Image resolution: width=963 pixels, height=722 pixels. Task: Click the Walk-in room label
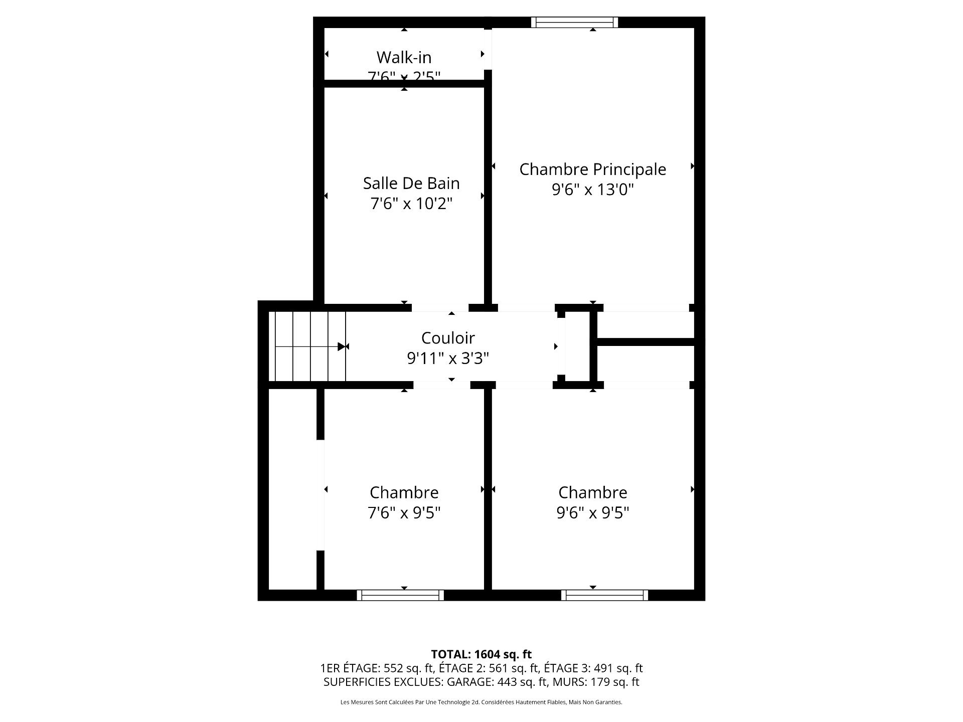point(404,57)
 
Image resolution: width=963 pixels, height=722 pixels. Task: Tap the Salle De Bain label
point(411,183)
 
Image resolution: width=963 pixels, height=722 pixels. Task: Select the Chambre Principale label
point(592,169)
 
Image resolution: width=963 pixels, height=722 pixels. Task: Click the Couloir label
point(448,338)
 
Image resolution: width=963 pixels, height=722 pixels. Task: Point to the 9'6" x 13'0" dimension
point(592,190)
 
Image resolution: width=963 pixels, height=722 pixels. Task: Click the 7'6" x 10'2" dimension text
point(411,204)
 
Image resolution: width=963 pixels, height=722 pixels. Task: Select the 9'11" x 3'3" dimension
point(448,358)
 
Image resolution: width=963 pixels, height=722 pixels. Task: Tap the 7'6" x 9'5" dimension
point(404,513)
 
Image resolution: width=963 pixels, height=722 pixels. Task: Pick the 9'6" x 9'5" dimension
point(592,513)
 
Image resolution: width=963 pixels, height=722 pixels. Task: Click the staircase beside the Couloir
point(307,346)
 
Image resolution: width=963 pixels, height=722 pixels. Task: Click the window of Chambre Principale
point(574,22)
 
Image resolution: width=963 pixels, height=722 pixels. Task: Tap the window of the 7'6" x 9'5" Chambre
point(400,595)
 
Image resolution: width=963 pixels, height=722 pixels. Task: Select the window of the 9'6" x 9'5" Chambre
point(604,595)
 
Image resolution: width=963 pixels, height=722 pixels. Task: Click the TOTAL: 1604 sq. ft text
point(481,654)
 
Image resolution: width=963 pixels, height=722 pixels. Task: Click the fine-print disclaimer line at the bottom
point(481,702)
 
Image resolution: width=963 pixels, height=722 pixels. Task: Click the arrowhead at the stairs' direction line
point(342,346)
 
